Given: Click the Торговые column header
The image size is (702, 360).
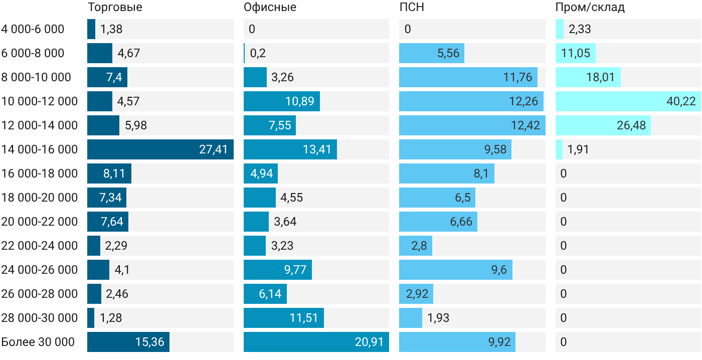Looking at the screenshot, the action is (x=115, y=7).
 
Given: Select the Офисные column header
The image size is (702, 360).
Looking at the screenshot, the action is (x=270, y=7).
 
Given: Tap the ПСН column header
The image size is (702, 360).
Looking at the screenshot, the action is (x=412, y=7).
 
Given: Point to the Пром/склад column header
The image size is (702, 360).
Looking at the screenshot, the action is (x=590, y=7).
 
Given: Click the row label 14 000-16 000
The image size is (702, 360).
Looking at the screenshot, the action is (x=40, y=149).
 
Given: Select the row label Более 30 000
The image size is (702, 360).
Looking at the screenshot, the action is (x=38, y=342).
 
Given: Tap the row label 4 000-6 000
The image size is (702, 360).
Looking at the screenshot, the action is (x=33, y=29).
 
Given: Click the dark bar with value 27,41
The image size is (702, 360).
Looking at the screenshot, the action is (x=160, y=149).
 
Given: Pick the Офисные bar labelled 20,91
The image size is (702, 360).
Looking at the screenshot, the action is (x=316, y=342).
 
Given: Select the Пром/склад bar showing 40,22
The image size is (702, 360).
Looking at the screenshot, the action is (x=628, y=101).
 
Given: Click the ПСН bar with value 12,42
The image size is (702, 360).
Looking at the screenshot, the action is (x=472, y=125).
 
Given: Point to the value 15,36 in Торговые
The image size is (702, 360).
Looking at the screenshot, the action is (x=149, y=342).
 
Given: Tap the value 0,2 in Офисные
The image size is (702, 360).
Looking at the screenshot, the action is (x=258, y=53).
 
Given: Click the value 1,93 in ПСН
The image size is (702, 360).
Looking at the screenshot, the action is (x=438, y=318).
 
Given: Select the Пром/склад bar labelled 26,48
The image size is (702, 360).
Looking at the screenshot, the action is (x=603, y=125).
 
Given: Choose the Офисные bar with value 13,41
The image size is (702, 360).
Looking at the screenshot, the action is (x=290, y=149).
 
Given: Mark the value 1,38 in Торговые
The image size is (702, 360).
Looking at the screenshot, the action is (x=111, y=29).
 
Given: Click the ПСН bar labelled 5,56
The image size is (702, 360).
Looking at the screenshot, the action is (x=432, y=53).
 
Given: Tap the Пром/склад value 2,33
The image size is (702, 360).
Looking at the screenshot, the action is (x=580, y=29).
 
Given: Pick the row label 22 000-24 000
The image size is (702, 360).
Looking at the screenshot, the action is (x=40, y=246).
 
